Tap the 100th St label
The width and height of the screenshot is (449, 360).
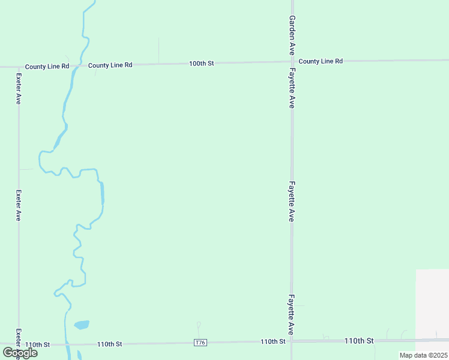coord(201,63)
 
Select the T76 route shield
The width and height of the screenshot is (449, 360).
coord(200,343)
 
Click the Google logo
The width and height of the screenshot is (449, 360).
coord(20,352)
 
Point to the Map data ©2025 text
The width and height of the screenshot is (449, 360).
coord(424,355)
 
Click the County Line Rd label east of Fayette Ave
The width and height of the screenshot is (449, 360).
coord(321,61)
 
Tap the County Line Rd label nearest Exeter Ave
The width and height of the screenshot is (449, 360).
coord(47,66)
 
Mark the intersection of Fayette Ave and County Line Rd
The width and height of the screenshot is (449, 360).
coord(292,61)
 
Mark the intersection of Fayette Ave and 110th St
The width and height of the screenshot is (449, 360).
coord(292,341)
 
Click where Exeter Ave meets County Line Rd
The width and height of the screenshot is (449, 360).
coord(18,67)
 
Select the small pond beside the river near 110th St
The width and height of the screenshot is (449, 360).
coord(82,325)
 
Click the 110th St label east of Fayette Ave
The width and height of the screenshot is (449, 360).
coord(359,341)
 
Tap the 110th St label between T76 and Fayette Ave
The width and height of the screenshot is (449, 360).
coord(273,341)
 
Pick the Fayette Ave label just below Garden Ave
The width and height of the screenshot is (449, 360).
coord(292,88)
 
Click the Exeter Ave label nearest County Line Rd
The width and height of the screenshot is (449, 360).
coord(19,89)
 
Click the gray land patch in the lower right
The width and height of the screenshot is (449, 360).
coord(432,303)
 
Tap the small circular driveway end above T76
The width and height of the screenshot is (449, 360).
coord(198,325)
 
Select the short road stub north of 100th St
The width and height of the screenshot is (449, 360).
coord(158,50)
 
